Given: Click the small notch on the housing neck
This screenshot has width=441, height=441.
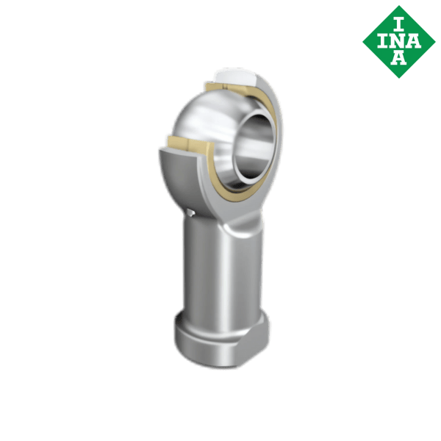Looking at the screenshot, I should point(192,214).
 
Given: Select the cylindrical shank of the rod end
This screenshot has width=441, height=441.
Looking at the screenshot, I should point(220,272).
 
